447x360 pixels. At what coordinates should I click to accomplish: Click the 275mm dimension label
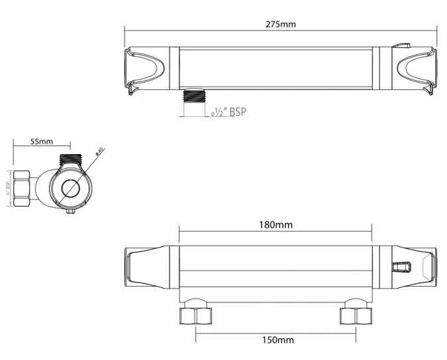point(281,24)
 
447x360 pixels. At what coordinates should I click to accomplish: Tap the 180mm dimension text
point(275,225)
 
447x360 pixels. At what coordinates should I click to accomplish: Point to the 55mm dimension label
point(42,142)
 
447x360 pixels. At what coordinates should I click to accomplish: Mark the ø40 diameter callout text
point(99,152)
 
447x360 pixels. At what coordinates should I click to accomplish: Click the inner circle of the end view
point(70,189)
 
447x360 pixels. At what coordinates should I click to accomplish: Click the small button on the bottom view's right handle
point(402,267)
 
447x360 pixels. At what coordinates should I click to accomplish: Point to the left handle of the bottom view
point(151,267)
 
